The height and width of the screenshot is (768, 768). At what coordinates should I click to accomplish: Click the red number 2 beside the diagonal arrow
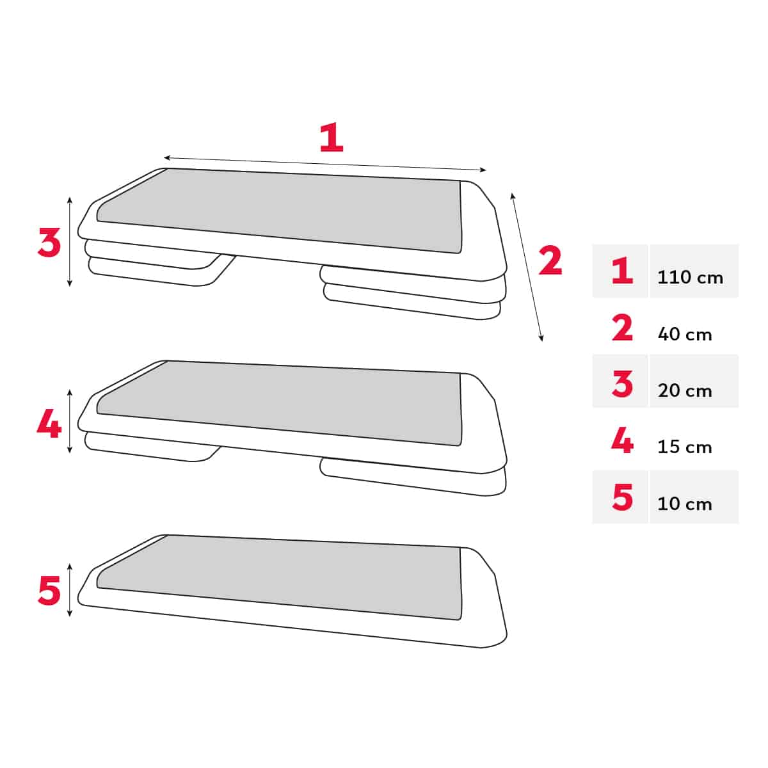[x=550, y=261]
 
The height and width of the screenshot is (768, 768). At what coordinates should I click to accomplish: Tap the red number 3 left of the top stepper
[x=49, y=243]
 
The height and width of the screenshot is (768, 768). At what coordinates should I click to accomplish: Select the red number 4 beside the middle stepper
[x=49, y=423]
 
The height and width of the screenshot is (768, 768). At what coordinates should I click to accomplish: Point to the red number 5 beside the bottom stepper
[x=49, y=590]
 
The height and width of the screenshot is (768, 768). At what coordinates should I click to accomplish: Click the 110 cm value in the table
[x=690, y=277]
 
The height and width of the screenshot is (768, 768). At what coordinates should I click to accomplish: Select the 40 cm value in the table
[x=685, y=334]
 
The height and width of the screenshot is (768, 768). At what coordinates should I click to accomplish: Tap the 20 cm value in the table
[x=685, y=390]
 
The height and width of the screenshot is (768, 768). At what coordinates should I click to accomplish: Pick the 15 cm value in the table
[x=685, y=447]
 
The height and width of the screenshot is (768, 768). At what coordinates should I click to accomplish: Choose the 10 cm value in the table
[x=685, y=504]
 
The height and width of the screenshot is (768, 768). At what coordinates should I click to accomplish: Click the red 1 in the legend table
[x=622, y=271]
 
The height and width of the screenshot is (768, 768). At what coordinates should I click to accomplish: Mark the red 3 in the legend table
[x=622, y=384]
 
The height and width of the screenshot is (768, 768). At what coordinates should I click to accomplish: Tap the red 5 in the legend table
[x=622, y=497]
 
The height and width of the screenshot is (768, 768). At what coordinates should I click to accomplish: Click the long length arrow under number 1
[x=325, y=164]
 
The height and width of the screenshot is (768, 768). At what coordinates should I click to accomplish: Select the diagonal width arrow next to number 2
[x=527, y=266]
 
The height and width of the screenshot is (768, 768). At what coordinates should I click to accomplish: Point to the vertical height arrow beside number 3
[x=70, y=241]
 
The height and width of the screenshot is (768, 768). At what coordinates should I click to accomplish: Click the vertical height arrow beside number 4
[x=70, y=421]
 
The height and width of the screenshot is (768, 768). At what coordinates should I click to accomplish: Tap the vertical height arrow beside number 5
[x=70, y=590]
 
